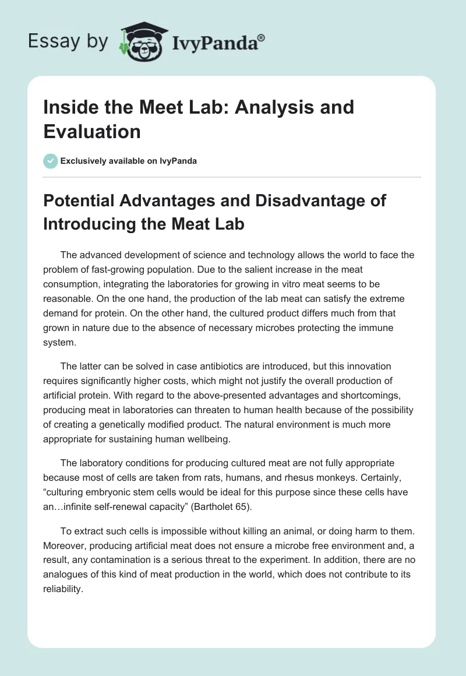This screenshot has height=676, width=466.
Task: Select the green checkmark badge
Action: click(51, 161)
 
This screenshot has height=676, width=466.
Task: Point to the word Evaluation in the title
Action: click(92, 131)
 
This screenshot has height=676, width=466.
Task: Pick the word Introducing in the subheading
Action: click(96, 224)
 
